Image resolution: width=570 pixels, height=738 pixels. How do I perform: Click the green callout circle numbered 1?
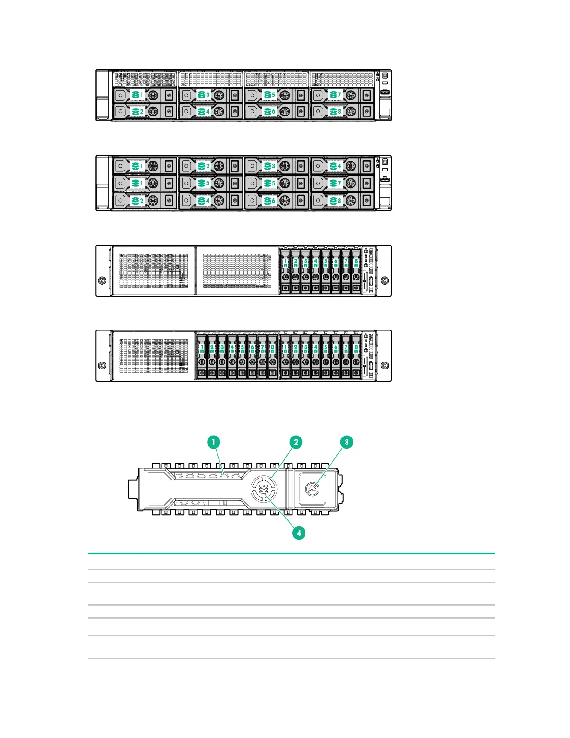click(x=214, y=442)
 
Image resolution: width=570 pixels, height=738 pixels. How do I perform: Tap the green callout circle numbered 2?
click(x=296, y=442)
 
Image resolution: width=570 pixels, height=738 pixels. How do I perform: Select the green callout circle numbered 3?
click(x=346, y=442)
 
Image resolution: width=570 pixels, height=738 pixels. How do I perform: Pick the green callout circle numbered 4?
click(x=299, y=533)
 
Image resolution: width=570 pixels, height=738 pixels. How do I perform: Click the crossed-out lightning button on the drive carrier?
click(x=312, y=489)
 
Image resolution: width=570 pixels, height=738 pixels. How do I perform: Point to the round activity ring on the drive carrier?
click(x=264, y=489)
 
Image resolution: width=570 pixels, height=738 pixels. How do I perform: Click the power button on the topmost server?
click(x=385, y=75)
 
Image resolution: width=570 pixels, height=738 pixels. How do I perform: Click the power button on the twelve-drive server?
click(x=385, y=161)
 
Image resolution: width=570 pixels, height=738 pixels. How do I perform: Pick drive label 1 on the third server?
click(x=285, y=263)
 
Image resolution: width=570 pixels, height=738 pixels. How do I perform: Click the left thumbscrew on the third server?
click(x=102, y=280)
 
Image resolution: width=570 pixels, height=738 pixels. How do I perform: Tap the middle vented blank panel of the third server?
click(x=237, y=271)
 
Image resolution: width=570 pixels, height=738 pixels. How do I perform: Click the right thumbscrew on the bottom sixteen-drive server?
click(x=385, y=365)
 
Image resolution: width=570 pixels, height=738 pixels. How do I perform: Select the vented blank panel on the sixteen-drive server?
click(x=154, y=356)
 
